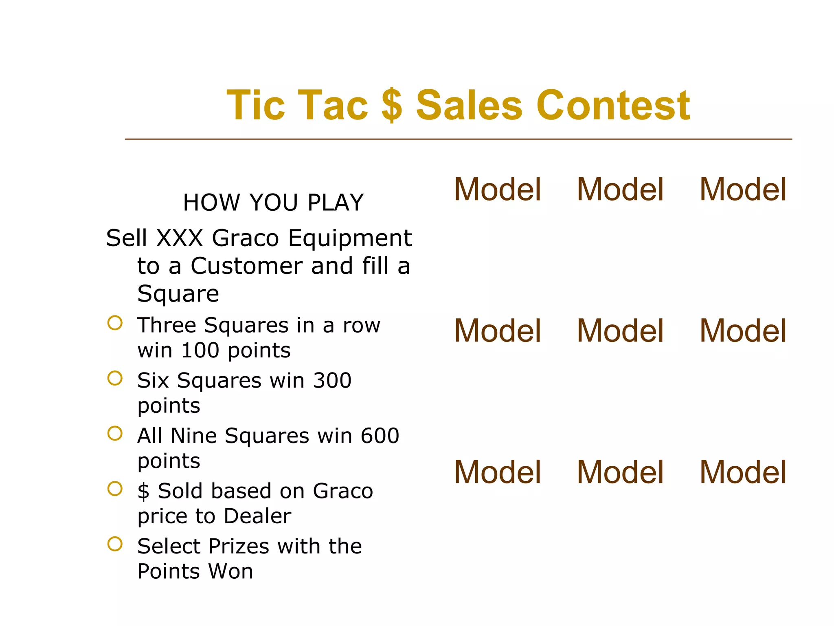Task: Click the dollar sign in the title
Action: [x=392, y=105]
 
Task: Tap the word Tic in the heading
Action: [x=255, y=105]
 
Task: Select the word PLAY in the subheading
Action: [x=335, y=203]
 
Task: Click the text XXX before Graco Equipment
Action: [x=180, y=238]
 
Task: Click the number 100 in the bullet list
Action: [x=200, y=350]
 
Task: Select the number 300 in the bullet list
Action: [x=332, y=381]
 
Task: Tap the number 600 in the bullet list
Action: [x=380, y=436]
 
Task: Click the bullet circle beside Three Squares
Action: [x=115, y=323]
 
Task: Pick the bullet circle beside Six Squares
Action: [x=115, y=378]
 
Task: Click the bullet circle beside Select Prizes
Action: [x=115, y=544]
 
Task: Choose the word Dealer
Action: [x=257, y=516]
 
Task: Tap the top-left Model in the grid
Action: [x=497, y=190]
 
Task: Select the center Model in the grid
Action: [x=620, y=331]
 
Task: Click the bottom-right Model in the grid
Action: [x=743, y=472]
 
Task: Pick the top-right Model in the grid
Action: [x=743, y=190]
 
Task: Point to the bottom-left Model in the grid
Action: [x=497, y=472]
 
